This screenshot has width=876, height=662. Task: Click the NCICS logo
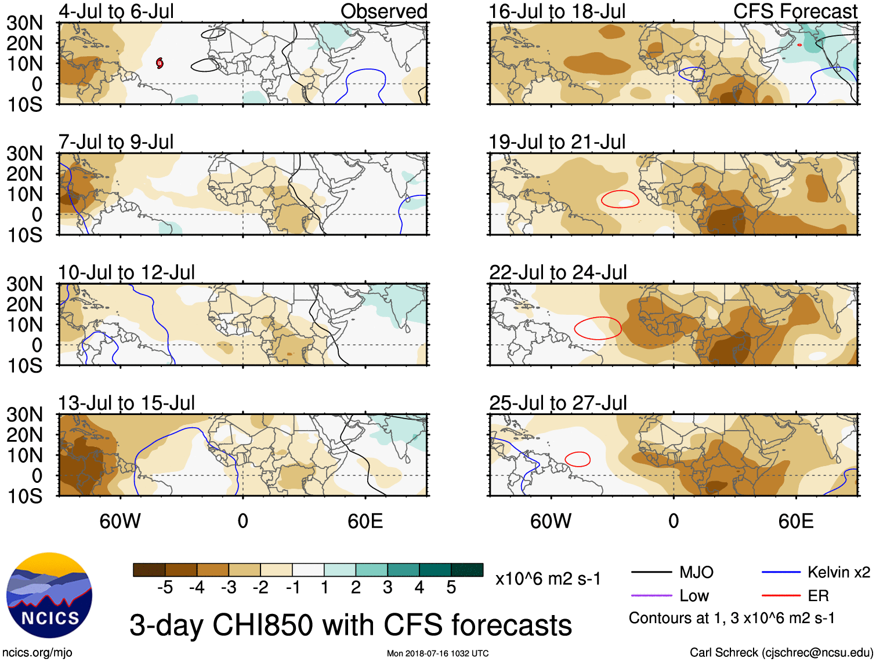pyautogui.click(x=49, y=595)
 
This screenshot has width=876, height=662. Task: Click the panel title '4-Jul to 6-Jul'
pyautogui.click(x=116, y=11)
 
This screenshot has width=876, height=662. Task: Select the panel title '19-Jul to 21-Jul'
pyautogui.click(x=557, y=141)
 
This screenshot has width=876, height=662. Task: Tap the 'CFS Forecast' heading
pyautogui.click(x=795, y=11)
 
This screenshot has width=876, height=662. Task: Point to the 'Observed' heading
pyautogui.click(x=383, y=11)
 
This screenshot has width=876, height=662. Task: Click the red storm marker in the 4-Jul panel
pyautogui.click(x=160, y=63)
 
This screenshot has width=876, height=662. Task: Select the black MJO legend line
pyautogui.click(x=651, y=573)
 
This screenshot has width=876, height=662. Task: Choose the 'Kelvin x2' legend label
pyautogui.click(x=838, y=573)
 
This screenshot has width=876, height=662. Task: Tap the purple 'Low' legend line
pyautogui.click(x=651, y=595)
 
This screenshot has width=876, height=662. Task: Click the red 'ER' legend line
pyautogui.click(x=781, y=595)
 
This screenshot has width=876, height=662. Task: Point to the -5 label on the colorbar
pyautogui.click(x=165, y=588)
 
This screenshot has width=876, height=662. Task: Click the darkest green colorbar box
pyautogui.click(x=467, y=570)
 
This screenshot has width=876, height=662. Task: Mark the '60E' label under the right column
pyautogui.click(x=795, y=521)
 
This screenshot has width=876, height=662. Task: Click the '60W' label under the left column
pyautogui.click(x=120, y=521)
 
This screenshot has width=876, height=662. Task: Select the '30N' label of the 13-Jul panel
pyautogui.click(x=24, y=414)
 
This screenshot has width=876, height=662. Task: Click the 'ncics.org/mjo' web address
pyautogui.click(x=38, y=653)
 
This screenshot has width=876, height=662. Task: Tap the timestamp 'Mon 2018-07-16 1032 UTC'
pyautogui.click(x=437, y=653)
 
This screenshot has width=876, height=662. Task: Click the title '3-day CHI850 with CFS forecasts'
pyautogui.click(x=350, y=625)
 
